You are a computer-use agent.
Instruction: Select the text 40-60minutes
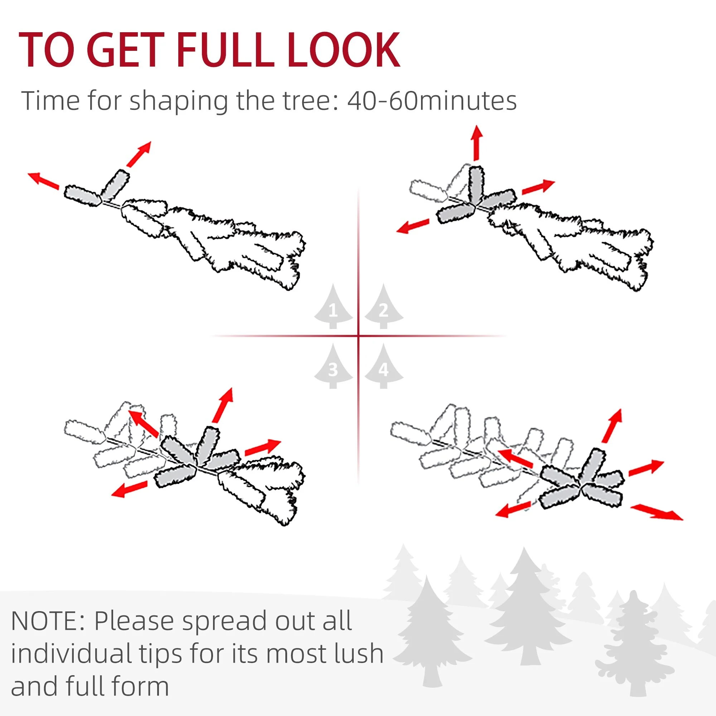pos(432,101)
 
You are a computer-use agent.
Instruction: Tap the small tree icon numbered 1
pos(333,306)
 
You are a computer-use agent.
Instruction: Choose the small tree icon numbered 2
pos(383,306)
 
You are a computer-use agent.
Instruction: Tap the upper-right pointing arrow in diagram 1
pos(139,154)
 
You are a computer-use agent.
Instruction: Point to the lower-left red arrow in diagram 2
pos(412,226)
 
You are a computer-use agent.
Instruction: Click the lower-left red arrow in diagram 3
pos(129,489)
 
